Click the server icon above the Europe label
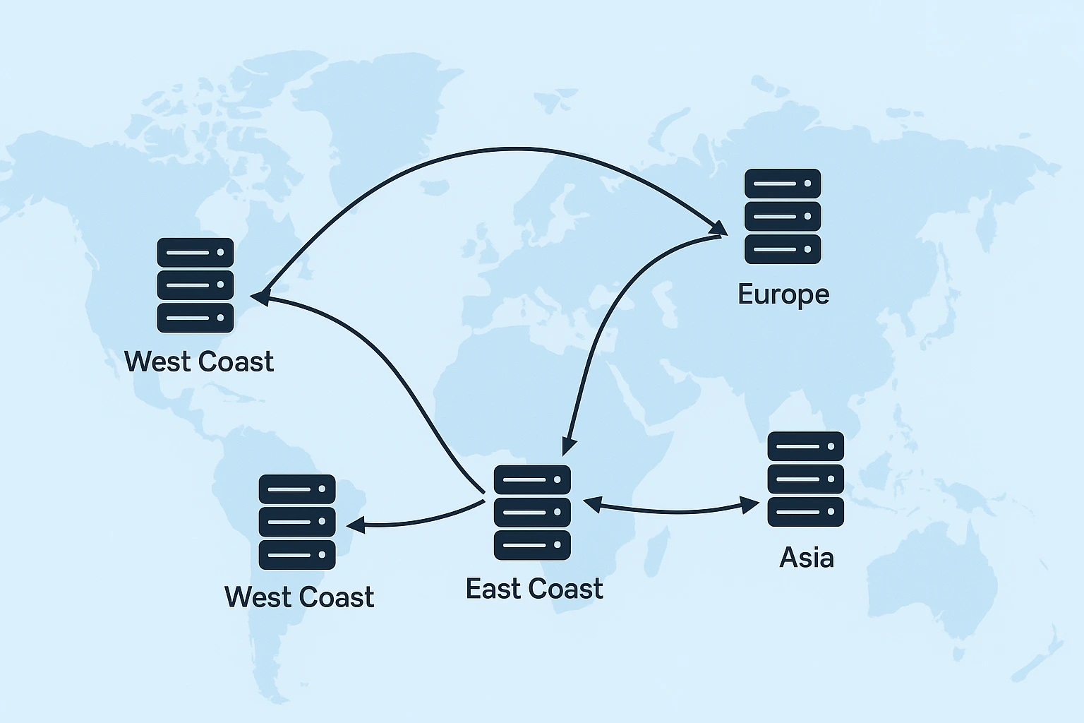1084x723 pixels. [x=783, y=216]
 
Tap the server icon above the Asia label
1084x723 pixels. [x=805, y=479]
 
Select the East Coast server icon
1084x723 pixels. [x=532, y=512]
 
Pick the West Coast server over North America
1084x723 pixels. [x=195, y=285]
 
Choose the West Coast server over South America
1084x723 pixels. [x=297, y=522]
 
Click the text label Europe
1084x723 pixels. [x=783, y=294]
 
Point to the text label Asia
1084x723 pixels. [x=807, y=558]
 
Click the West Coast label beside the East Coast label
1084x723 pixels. [x=299, y=597]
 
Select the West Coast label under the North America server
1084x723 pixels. [x=199, y=361]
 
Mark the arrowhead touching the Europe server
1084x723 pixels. [x=719, y=228]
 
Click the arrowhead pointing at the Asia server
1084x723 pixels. [x=750, y=504]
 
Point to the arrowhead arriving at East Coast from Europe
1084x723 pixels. [x=569, y=447]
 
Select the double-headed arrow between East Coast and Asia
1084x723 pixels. [x=670, y=509]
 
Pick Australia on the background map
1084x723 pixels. [x=932, y=579]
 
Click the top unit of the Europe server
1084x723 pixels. [x=783, y=184]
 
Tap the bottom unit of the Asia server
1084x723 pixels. [x=805, y=511]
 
